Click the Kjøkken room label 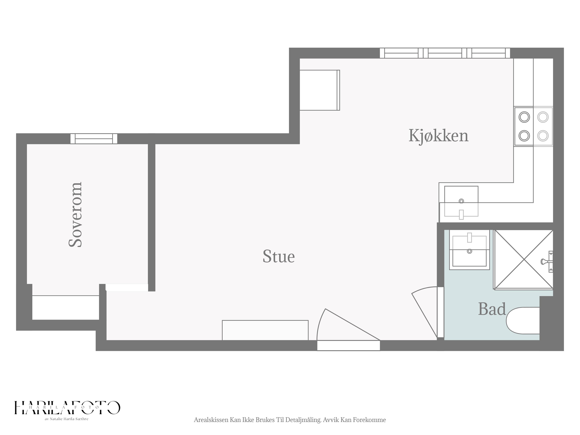438,136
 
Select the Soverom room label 75,214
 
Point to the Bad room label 492,309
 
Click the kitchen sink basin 461,201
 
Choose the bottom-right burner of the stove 543,136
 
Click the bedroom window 94,139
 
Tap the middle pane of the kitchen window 445,53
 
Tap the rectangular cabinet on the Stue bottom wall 265,330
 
